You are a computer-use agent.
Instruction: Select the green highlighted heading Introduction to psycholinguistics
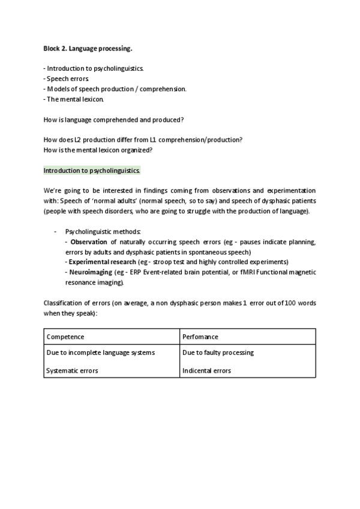point(92,170)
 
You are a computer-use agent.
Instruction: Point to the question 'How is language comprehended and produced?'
point(113,119)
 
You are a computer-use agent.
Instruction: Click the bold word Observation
point(88,242)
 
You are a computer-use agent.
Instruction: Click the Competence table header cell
point(65,337)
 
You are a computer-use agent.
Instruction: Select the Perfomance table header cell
point(200,337)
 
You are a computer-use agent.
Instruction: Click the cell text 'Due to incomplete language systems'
point(100,352)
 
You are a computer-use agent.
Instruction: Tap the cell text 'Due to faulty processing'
point(218,352)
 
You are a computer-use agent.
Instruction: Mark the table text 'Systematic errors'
point(72,371)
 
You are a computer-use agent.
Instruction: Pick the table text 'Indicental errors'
point(206,371)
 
